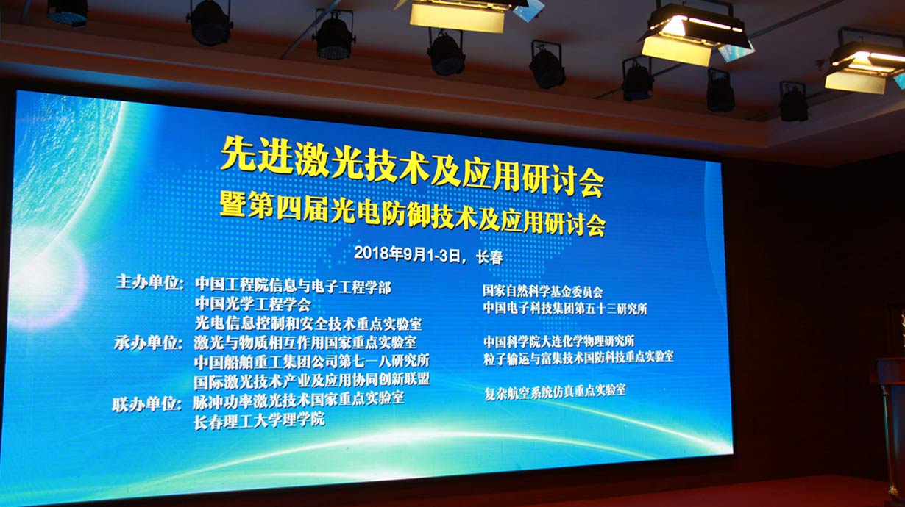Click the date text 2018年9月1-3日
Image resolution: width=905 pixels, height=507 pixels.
(x=408, y=254)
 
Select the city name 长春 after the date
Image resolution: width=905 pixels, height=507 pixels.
(x=489, y=257)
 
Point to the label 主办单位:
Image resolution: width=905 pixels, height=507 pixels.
(x=150, y=282)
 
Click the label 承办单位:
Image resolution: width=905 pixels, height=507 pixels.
(x=149, y=343)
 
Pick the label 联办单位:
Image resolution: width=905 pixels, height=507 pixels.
(x=146, y=404)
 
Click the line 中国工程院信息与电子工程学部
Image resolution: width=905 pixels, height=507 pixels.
(x=294, y=286)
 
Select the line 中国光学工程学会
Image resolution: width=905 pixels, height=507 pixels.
(x=253, y=304)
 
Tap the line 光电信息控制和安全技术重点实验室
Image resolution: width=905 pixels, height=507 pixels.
(x=308, y=323)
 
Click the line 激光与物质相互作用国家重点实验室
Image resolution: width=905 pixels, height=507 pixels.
(x=305, y=343)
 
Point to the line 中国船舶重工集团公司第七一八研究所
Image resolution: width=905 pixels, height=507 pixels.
(x=311, y=362)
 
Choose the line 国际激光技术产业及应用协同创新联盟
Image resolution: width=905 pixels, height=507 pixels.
(x=311, y=381)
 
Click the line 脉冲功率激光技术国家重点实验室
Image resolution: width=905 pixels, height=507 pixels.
(x=298, y=400)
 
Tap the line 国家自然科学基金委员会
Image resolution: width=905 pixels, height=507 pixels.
(x=542, y=291)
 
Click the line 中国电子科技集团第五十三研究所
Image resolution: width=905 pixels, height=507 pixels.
(x=565, y=309)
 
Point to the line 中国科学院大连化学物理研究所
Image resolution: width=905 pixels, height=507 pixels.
(x=559, y=342)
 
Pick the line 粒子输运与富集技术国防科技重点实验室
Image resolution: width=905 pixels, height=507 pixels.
(x=578, y=357)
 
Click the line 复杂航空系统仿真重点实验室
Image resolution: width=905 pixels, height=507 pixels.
(x=555, y=391)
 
